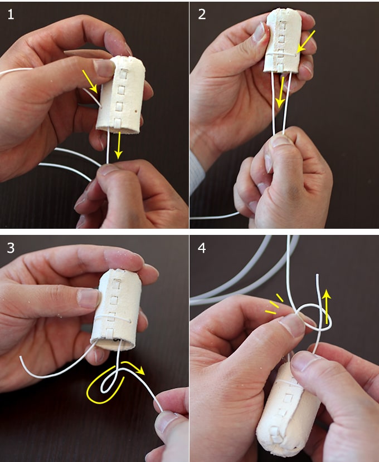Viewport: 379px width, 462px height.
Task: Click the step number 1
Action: (x=11, y=14)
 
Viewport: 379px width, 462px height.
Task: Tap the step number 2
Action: (x=202, y=14)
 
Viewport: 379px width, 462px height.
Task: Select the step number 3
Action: (x=11, y=248)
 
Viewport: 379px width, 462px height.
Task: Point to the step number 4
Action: (x=202, y=248)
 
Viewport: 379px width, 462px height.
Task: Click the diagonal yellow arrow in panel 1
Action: (x=90, y=81)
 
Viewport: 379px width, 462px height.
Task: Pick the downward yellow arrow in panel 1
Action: (x=119, y=145)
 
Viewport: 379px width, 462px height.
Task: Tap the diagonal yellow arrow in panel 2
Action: (x=305, y=42)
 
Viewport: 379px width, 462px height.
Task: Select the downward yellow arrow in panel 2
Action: (x=280, y=92)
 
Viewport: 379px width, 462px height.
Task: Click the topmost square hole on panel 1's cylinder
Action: (x=124, y=74)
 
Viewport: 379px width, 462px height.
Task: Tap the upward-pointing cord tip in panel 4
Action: (x=317, y=275)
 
